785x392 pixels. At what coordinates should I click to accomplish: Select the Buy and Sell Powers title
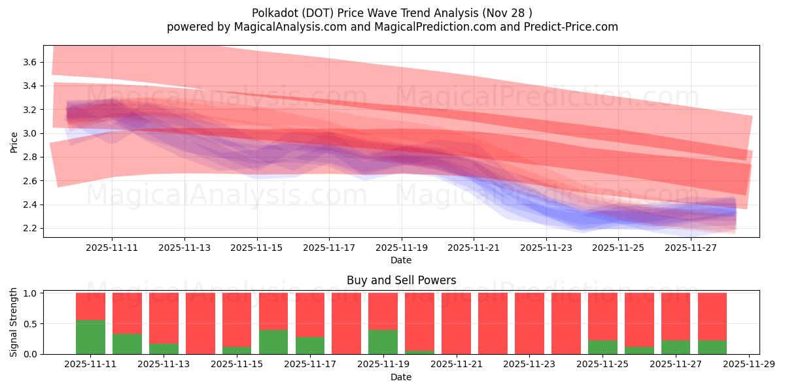pos(401,280)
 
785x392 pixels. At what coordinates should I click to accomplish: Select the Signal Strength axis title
pos(14,322)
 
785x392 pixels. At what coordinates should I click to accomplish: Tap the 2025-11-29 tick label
pos(748,365)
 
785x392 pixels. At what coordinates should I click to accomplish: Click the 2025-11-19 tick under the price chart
pos(401,248)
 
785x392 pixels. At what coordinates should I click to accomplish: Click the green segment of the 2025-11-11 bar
pos(90,337)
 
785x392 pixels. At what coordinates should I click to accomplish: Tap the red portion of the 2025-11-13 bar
pos(164,317)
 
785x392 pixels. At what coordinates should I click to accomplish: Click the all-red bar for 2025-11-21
pos(456,323)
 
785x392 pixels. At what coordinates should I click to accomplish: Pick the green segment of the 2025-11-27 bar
pos(675,347)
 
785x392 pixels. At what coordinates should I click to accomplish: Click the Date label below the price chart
pos(401,260)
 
